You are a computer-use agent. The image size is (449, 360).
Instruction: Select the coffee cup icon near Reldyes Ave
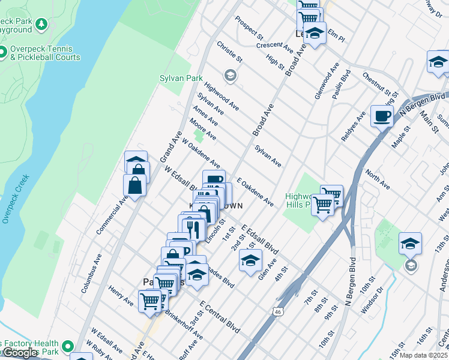coord(382,116)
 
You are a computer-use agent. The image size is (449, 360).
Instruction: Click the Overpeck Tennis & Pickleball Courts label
coord(44,53)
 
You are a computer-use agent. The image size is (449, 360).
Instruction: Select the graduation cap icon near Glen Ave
coord(250,260)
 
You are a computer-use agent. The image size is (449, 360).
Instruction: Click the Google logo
coord(20,352)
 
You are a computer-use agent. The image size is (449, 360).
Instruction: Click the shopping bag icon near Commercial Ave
coord(135,187)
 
